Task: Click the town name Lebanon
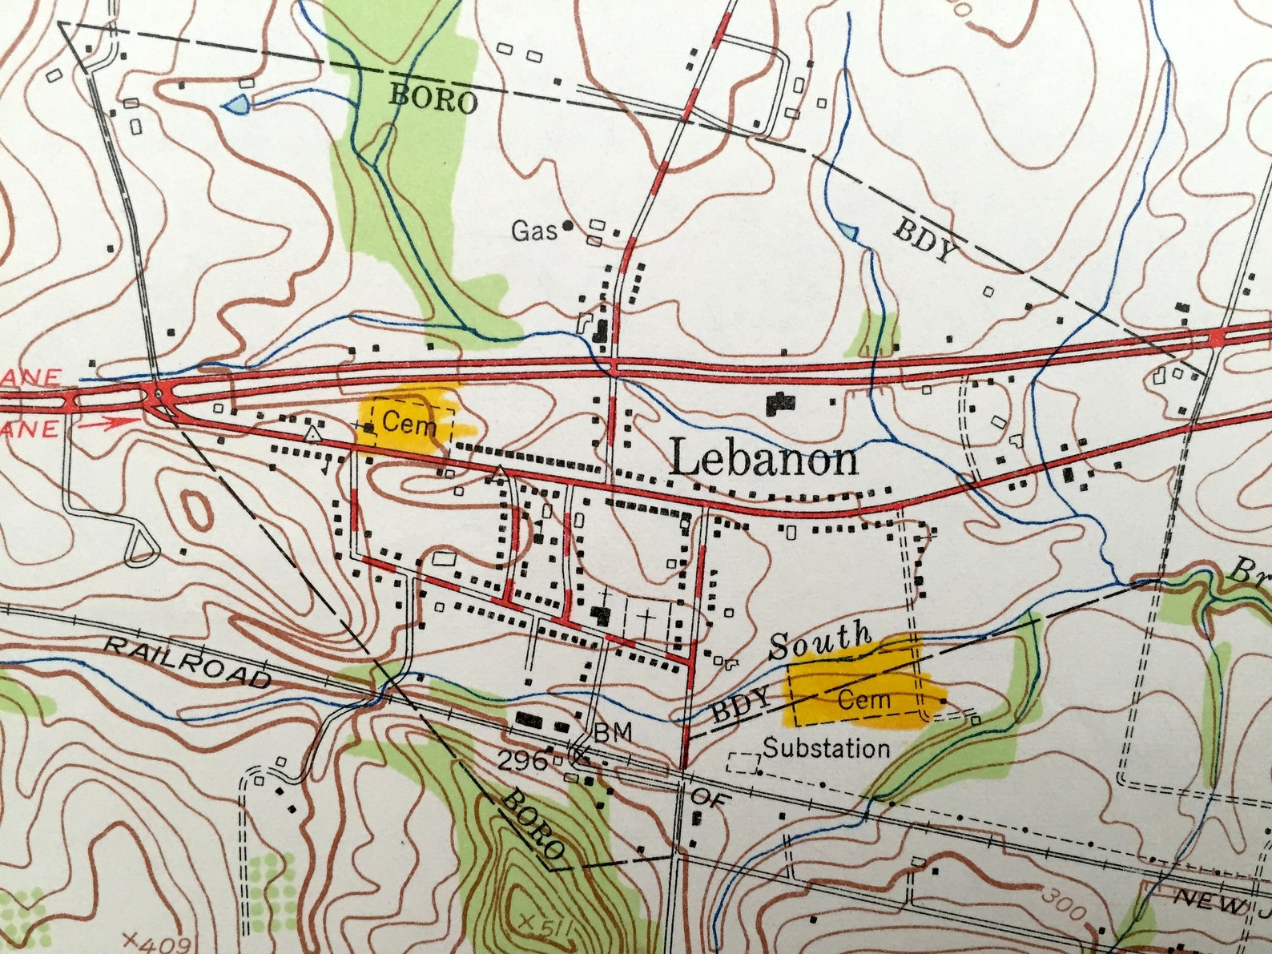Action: (763, 460)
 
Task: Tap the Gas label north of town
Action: (534, 231)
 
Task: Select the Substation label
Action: (826, 749)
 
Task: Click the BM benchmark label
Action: (613, 731)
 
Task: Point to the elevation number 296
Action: (523, 761)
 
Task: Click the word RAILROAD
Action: (188, 663)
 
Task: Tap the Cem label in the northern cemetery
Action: (409, 422)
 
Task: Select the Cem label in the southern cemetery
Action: (863, 700)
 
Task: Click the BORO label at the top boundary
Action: (433, 99)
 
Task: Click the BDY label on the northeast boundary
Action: (925, 239)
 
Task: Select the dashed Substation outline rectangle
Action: (743, 762)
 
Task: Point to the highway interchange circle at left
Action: (159, 395)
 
